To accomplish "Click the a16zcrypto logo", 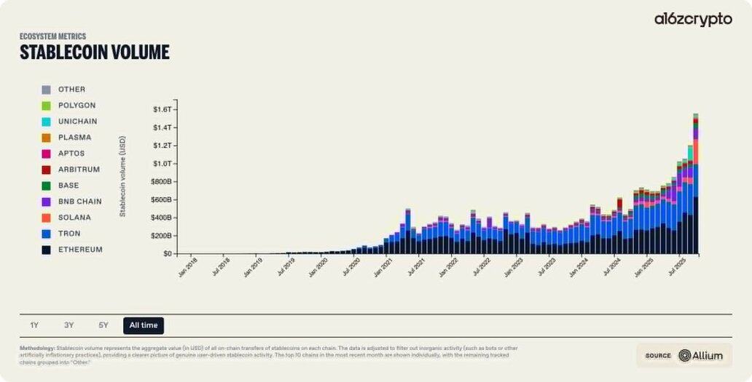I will click(692, 20).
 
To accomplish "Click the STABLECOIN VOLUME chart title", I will click(94, 52).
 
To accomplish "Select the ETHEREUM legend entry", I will click(80, 250).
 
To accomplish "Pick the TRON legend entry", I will click(71, 234).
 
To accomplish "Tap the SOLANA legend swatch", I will click(46, 218).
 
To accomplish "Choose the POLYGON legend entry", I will click(77, 106).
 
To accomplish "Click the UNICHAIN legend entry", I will click(77, 122).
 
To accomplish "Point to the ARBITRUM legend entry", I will click(79, 170).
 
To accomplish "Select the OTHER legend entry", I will click(71, 89).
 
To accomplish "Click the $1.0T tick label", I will click(162, 164).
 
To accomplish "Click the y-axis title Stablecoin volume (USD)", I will click(123, 175).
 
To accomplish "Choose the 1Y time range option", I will click(34, 325).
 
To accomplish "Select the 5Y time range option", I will click(103, 325).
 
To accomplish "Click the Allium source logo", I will click(702, 355).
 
